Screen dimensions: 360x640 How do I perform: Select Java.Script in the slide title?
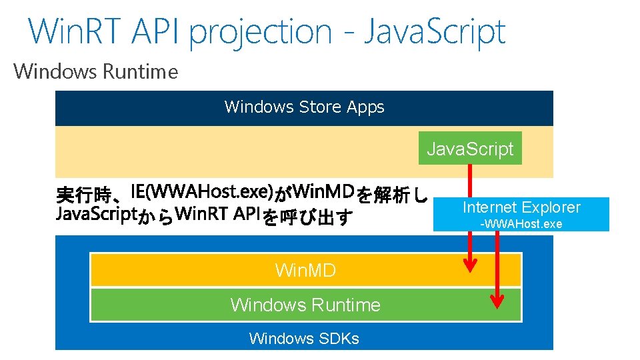pyautogui.click(x=434, y=31)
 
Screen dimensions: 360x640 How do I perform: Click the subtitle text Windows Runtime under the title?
pyautogui.click(x=96, y=71)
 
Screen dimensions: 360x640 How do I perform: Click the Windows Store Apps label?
pyautogui.click(x=304, y=107)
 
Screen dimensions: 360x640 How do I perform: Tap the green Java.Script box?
pyautogui.click(x=470, y=149)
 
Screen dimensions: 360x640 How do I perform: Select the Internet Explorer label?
pyautogui.click(x=521, y=207)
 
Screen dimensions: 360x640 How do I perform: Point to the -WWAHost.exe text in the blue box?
pyautogui.click(x=521, y=224)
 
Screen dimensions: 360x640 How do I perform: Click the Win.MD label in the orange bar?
pyautogui.click(x=305, y=270)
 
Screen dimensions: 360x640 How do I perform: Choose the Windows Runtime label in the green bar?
pyautogui.click(x=305, y=305)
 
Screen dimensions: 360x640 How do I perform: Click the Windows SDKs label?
pyautogui.click(x=304, y=339)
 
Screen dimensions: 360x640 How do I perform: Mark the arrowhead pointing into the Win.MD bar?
pyautogui.click(x=471, y=266)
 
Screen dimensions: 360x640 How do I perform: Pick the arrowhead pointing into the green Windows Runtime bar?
pyautogui.click(x=497, y=302)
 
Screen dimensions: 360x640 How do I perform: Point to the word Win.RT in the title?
pyautogui.click(x=71, y=31)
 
